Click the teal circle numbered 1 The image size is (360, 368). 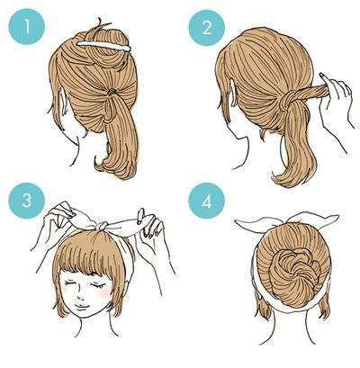[27, 27]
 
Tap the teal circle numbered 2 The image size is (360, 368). [206, 28]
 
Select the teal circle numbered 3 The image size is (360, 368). [27, 200]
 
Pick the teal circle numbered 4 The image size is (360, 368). [206, 202]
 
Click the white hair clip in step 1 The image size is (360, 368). [104, 46]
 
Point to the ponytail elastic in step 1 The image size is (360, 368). [112, 92]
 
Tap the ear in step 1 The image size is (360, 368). [64, 102]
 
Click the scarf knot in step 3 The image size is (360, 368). [102, 226]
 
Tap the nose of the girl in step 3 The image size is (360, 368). [81, 296]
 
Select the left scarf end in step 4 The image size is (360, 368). [258, 224]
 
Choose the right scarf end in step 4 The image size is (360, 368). [313, 220]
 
